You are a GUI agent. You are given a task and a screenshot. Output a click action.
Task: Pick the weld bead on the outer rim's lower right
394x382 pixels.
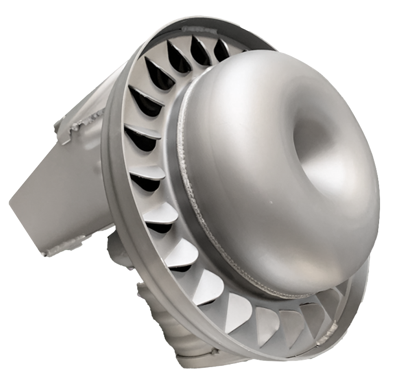click(326, 342)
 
